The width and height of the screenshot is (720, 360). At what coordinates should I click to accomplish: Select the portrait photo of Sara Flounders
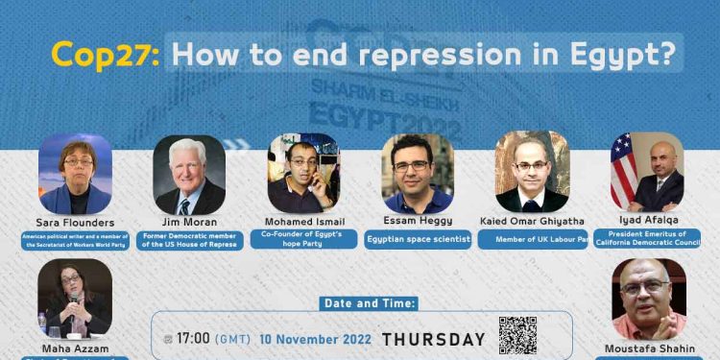coord(75,174)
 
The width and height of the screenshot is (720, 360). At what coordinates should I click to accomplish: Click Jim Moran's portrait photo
coord(189,174)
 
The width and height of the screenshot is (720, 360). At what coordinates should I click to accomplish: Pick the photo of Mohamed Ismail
coord(303,173)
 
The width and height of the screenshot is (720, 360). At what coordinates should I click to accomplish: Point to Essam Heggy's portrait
coord(417,173)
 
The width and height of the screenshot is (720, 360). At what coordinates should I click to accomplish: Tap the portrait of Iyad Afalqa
coord(647,172)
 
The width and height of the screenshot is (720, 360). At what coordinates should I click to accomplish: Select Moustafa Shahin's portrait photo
coord(649,298)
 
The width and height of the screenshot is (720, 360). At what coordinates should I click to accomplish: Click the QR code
coord(517,334)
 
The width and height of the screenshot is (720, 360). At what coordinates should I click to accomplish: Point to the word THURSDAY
coord(434,339)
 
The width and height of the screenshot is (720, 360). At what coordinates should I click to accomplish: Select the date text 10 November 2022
coord(311,339)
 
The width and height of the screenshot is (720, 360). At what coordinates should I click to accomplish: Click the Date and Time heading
coord(369,303)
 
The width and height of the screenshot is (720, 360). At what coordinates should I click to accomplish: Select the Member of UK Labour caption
coord(532,239)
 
